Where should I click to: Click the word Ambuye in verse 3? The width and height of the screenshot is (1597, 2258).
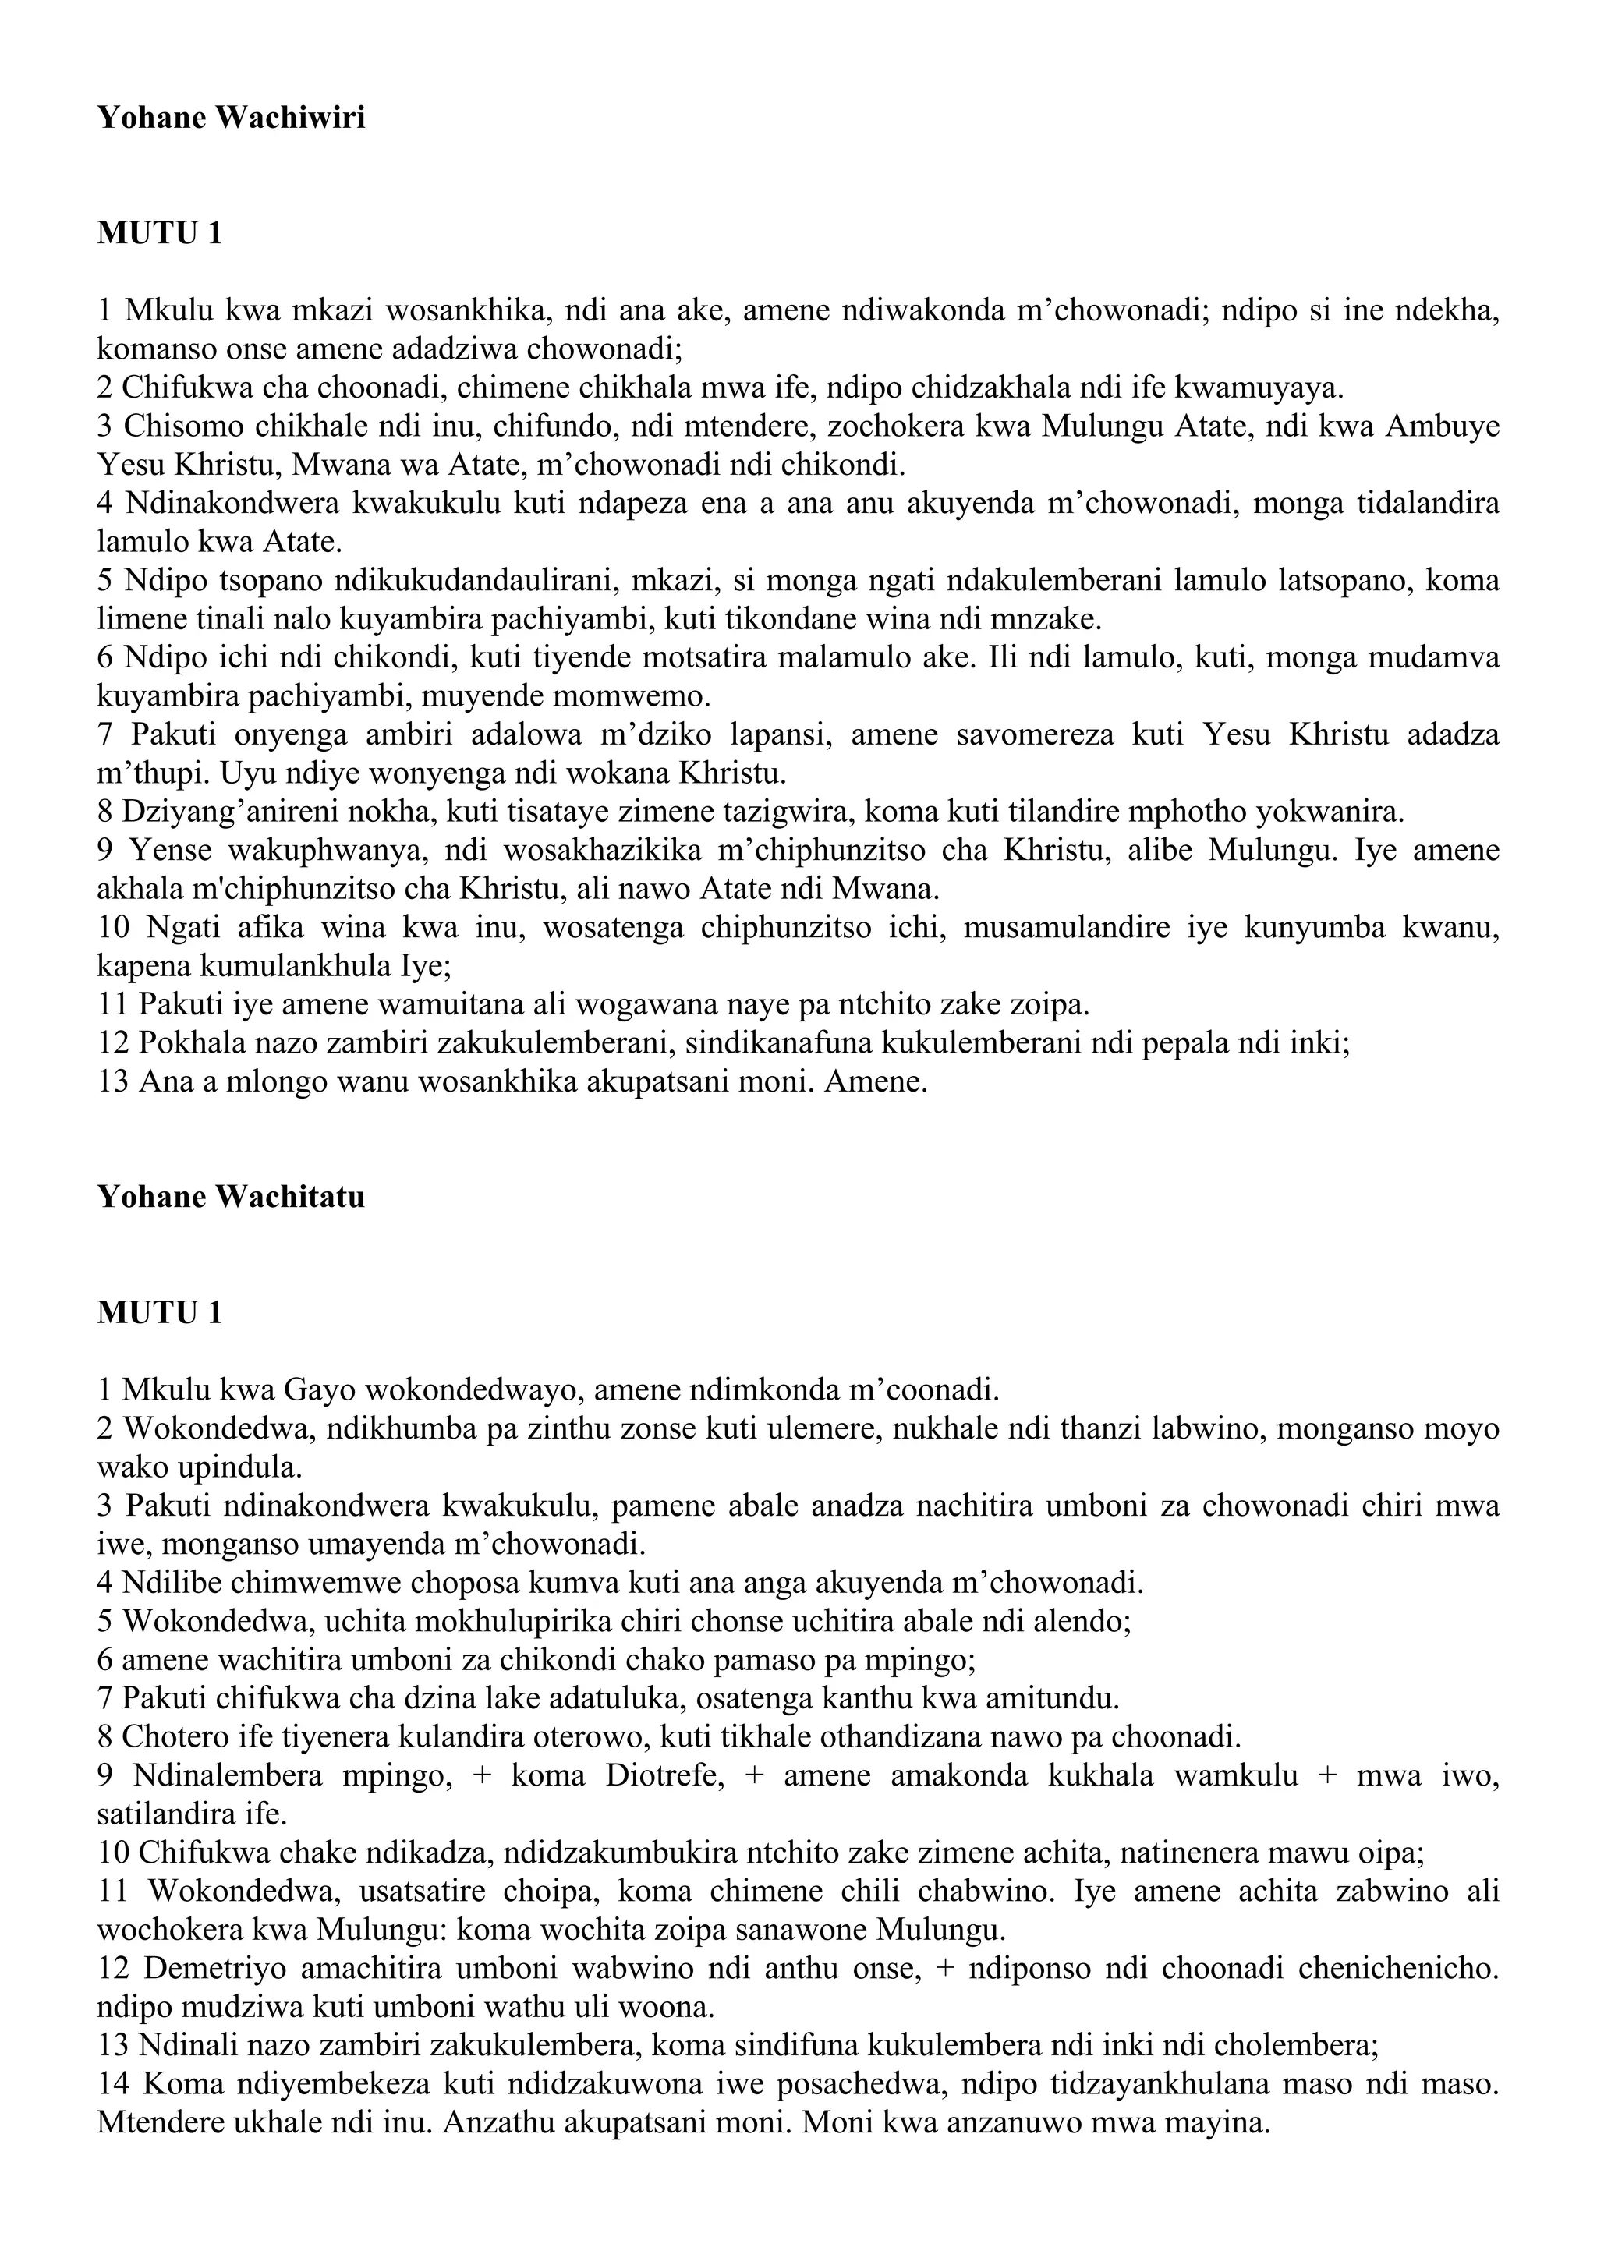click(1442, 426)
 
